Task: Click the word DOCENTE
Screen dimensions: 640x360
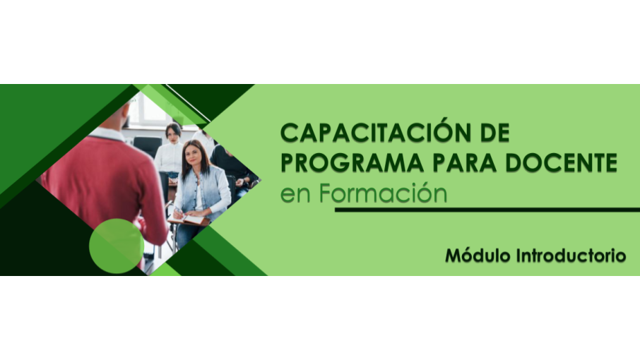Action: [x=561, y=162]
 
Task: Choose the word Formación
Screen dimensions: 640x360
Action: [x=384, y=193]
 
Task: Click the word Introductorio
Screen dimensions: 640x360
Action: [x=571, y=256]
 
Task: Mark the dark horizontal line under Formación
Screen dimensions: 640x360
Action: [x=487, y=210]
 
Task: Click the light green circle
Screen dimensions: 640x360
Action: [x=117, y=246]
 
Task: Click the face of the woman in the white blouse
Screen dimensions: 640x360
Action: [x=174, y=134]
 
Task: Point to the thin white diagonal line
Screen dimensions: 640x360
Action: [x=187, y=103]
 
